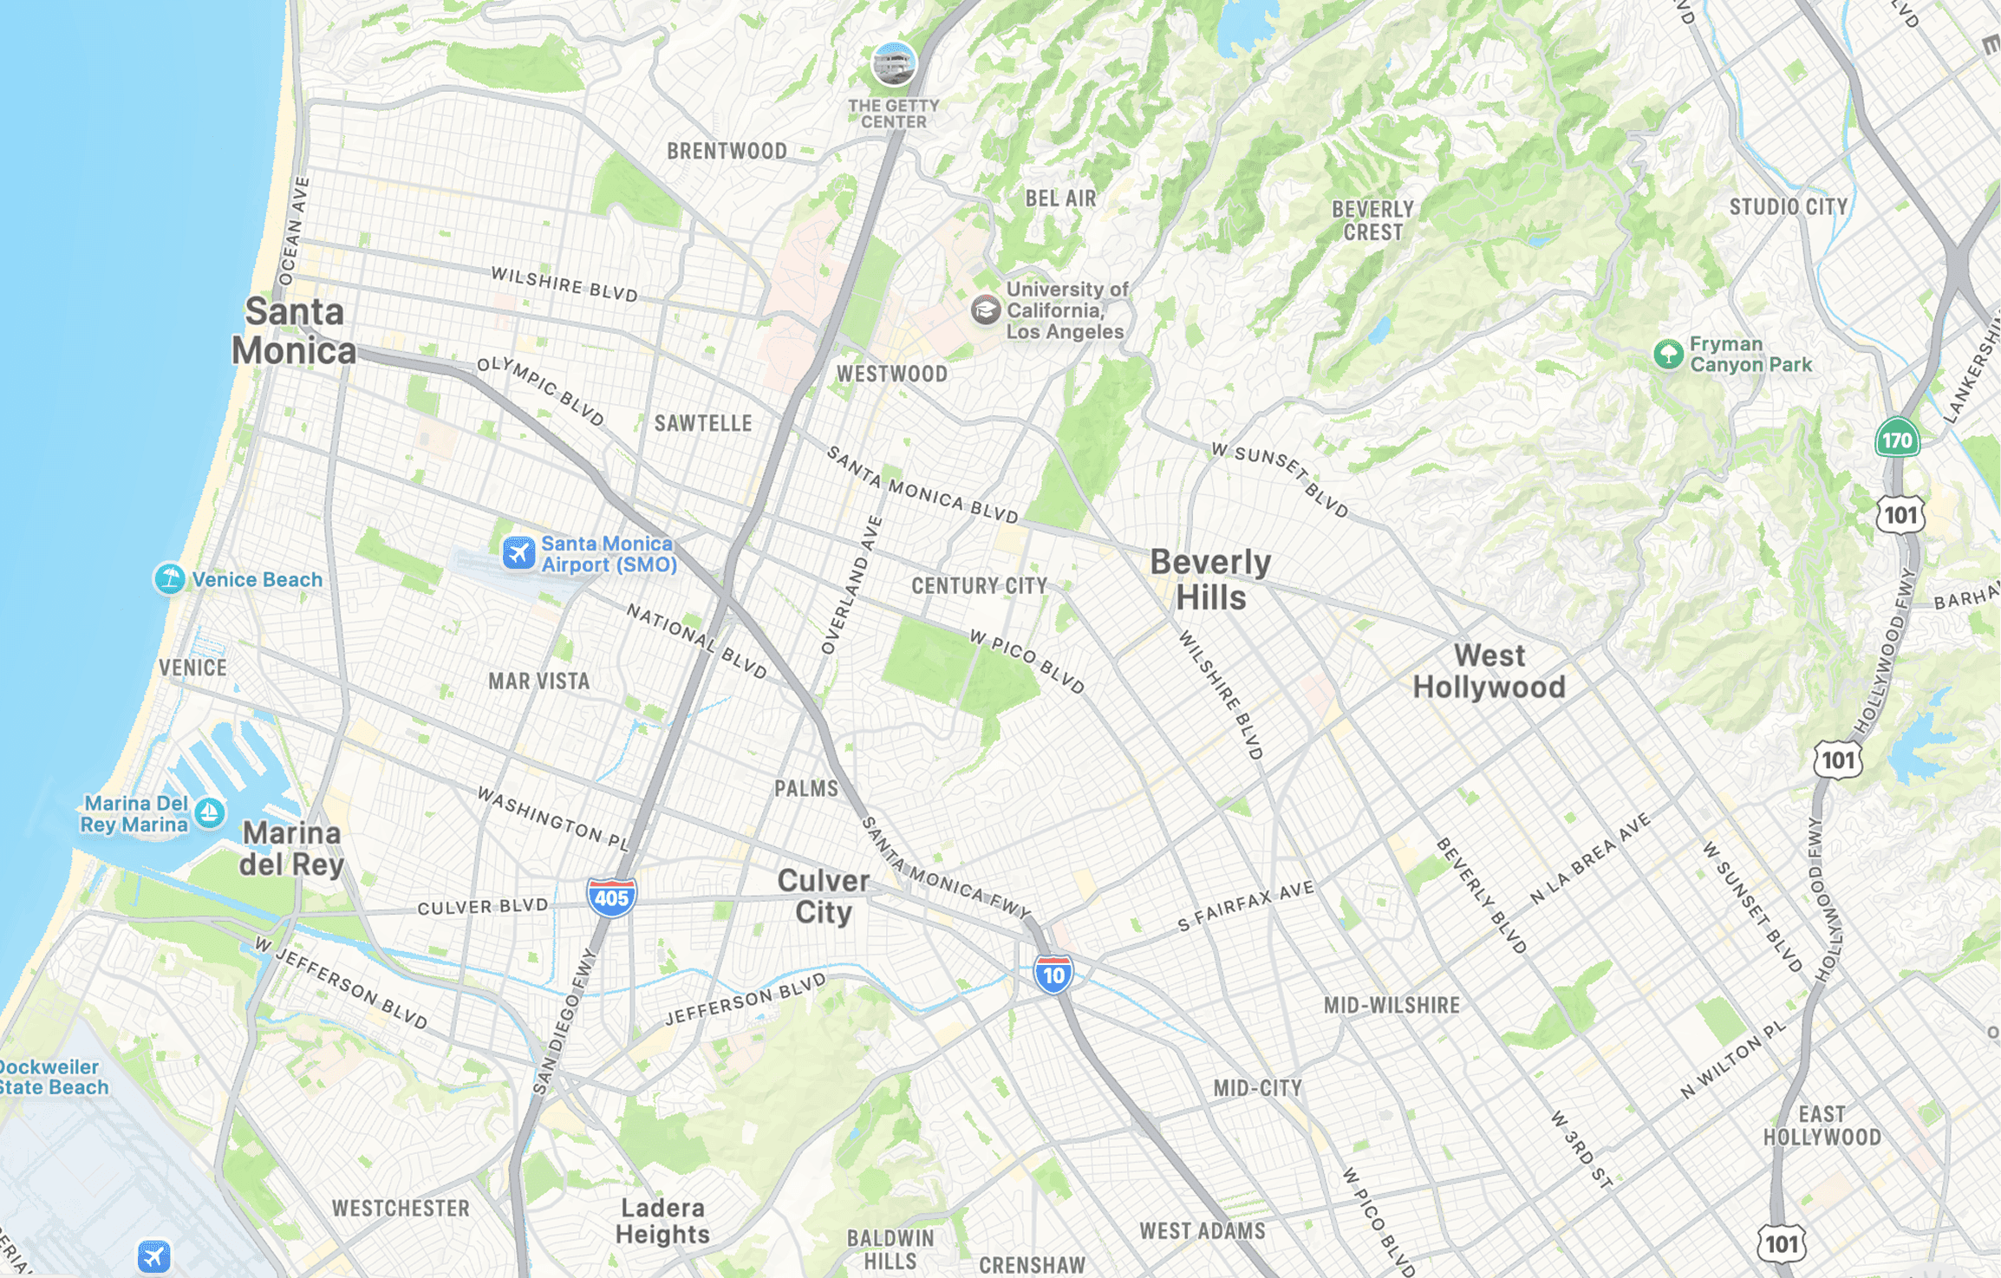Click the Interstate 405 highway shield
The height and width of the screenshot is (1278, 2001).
click(x=611, y=897)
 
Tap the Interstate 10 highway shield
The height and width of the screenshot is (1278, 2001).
click(x=1053, y=975)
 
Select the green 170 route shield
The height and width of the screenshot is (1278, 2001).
click(x=1897, y=439)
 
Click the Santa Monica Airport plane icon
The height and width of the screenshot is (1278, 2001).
click(x=518, y=552)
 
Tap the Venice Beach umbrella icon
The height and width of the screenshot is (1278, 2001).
click(x=170, y=578)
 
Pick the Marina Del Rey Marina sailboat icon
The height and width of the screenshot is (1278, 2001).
click(x=209, y=813)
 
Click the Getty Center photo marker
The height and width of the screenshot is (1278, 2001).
click(x=893, y=63)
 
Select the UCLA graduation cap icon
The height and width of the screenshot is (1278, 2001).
click(x=985, y=310)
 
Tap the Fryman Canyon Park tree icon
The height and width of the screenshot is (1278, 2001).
click(x=1668, y=354)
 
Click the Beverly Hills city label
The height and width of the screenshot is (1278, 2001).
click(x=1210, y=580)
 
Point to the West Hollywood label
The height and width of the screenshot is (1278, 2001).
click(x=1489, y=671)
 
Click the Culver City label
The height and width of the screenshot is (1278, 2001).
click(x=823, y=897)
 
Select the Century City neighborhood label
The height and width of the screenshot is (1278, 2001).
click(x=980, y=586)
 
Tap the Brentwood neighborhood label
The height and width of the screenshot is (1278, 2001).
click(x=727, y=151)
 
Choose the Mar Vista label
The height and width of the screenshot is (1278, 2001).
click(x=538, y=681)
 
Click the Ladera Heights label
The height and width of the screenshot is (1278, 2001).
click(x=662, y=1221)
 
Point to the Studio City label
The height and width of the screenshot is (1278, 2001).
click(x=1788, y=206)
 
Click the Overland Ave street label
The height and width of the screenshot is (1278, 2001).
click(x=851, y=586)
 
